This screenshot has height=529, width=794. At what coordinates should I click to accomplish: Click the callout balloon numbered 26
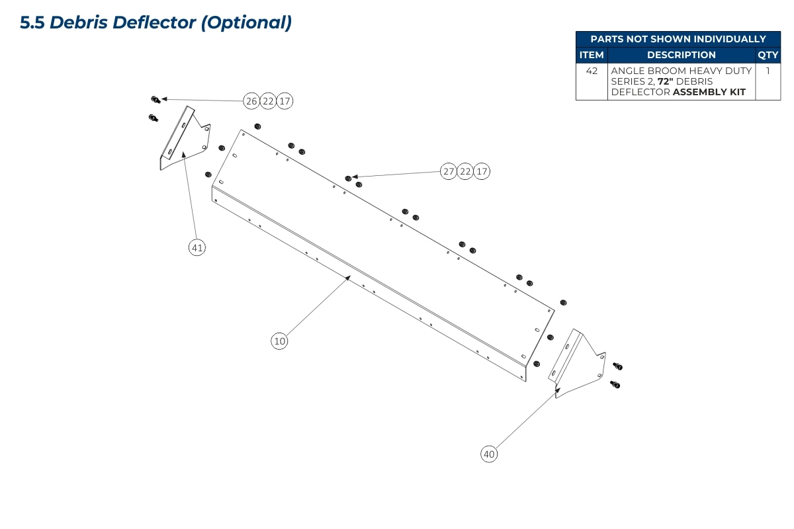pyautogui.click(x=251, y=101)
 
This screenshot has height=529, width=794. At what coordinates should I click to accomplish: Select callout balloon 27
pyautogui.click(x=449, y=172)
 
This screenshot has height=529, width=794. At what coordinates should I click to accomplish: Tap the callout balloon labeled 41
pyautogui.click(x=197, y=248)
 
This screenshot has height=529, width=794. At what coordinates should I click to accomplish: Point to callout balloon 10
pyautogui.click(x=279, y=341)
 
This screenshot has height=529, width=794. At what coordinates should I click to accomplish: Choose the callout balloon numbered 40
pyautogui.click(x=489, y=454)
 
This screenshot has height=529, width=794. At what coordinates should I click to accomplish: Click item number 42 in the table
pyautogui.click(x=592, y=71)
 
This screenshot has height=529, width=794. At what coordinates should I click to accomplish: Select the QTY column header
pyautogui.click(x=768, y=55)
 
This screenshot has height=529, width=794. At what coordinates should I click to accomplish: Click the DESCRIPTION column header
pyautogui.click(x=681, y=55)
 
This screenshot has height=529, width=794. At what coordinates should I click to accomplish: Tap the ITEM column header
pyautogui.click(x=592, y=55)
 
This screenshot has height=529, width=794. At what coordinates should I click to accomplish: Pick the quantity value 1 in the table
pyautogui.click(x=768, y=71)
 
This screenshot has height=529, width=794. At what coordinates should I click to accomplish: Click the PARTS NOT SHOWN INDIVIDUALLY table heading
pyautogui.click(x=678, y=39)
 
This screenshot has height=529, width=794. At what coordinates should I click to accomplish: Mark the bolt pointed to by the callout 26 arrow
pyautogui.click(x=155, y=100)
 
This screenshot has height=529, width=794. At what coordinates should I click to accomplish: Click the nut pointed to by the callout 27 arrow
pyautogui.click(x=349, y=178)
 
